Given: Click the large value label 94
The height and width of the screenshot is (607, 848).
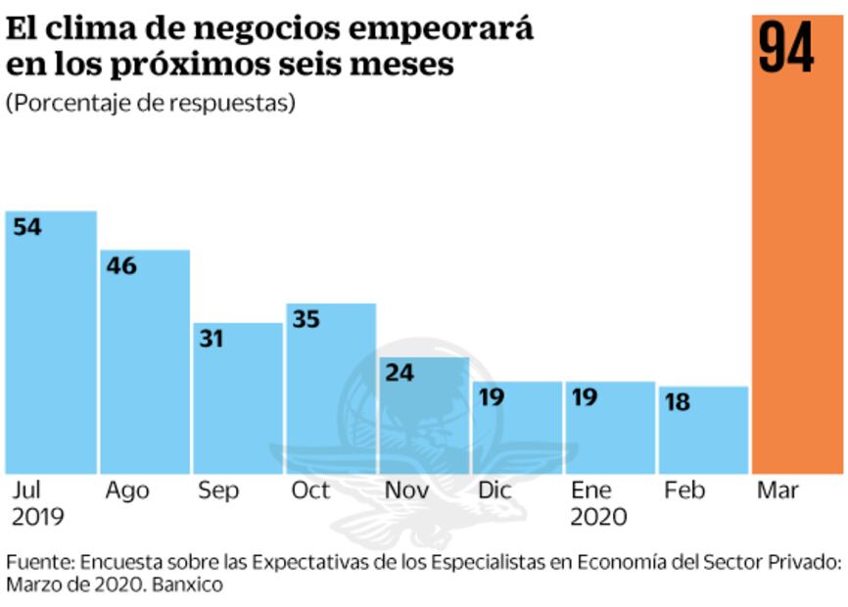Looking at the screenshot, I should click(x=786, y=48).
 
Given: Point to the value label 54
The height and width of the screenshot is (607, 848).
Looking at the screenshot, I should click(x=27, y=227).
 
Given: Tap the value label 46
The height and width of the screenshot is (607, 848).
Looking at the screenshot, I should click(x=121, y=265).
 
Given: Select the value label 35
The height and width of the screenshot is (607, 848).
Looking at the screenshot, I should click(x=306, y=319).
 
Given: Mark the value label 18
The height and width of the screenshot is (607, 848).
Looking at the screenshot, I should click(x=678, y=402).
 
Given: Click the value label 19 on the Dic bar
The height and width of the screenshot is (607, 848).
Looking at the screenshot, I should click(x=492, y=397).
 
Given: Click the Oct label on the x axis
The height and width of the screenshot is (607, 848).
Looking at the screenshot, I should click(x=310, y=490).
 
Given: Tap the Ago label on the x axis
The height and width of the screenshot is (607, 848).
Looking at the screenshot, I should click(x=126, y=490).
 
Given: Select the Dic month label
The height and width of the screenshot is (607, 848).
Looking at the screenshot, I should click(x=495, y=490).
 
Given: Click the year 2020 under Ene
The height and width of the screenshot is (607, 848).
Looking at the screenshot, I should click(x=598, y=517).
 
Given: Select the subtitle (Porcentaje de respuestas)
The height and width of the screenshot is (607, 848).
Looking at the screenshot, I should click(x=151, y=103).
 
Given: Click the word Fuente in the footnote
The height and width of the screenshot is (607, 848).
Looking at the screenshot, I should click(x=39, y=563).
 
